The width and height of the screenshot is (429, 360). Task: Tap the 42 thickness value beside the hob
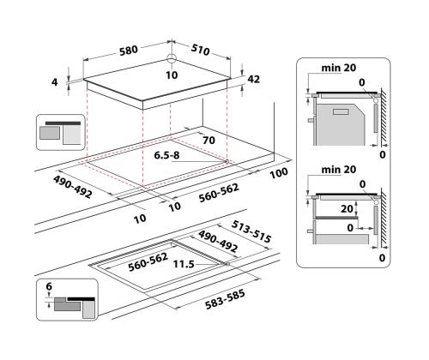pos(254,79)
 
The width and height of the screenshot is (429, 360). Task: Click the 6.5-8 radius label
pos(168,157)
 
